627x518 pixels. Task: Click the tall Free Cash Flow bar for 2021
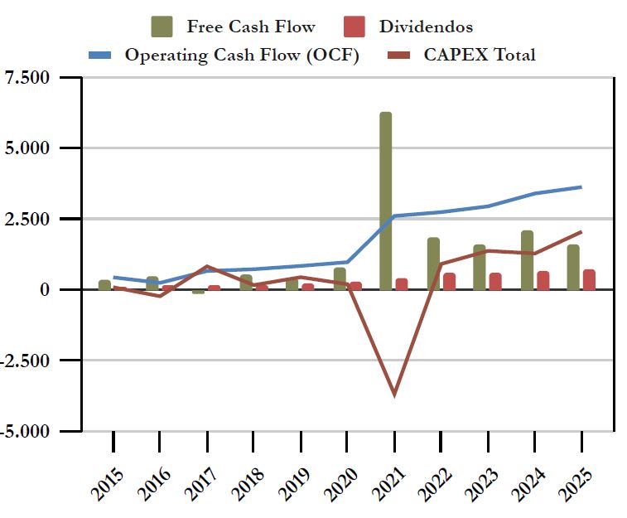[x=385, y=201]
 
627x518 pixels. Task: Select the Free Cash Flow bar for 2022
[x=433, y=264]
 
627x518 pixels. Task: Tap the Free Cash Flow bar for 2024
[x=527, y=260]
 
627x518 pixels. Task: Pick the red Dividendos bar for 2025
[x=589, y=279]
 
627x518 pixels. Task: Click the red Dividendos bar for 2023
[x=495, y=281]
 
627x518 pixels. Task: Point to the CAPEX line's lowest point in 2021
[x=394, y=395]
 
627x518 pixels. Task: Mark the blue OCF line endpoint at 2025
[x=581, y=187]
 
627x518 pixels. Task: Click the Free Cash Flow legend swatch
[x=162, y=27]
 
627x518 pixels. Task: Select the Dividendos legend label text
[x=426, y=27]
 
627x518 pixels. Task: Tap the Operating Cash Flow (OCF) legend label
[x=241, y=55]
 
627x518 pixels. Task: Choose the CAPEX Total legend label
[x=480, y=55]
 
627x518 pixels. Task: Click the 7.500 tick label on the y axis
[x=28, y=78]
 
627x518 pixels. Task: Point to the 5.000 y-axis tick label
[x=28, y=148]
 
